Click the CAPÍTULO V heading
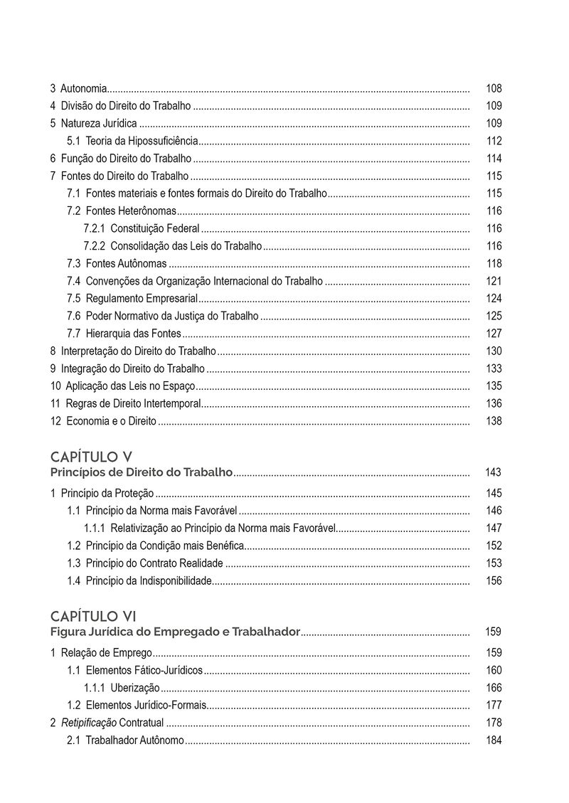point(91,456)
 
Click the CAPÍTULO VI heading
point(93,615)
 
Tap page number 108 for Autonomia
point(494,89)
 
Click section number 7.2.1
point(94,228)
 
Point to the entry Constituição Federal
point(154,228)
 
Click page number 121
point(494,281)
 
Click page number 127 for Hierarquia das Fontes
point(494,334)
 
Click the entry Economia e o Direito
point(110,421)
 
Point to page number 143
point(493,472)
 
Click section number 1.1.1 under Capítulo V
point(95,528)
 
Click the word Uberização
point(135,688)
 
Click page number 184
point(494,740)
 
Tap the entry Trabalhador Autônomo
point(134,740)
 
